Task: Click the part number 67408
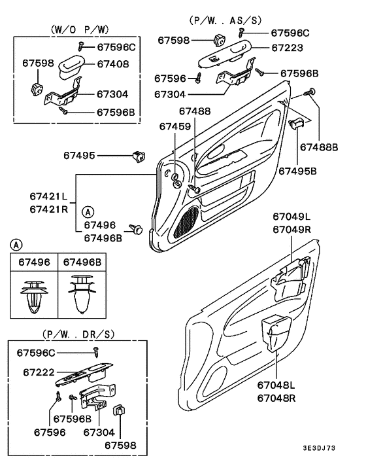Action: pyautogui.click(x=114, y=64)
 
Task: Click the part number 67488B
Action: pyautogui.click(x=319, y=147)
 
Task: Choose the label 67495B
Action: pyautogui.click(x=297, y=170)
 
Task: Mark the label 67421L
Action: pyautogui.click(x=48, y=196)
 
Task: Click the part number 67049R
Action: pyautogui.click(x=291, y=230)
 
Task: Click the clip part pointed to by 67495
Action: pyautogui.click(x=139, y=156)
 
